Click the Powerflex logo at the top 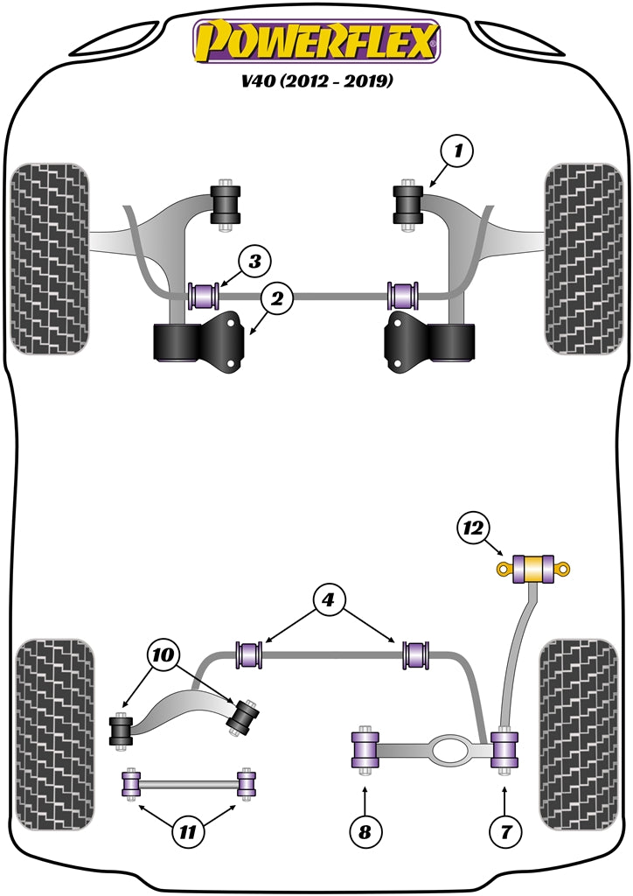coord(316,42)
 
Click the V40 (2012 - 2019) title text coord(316,82)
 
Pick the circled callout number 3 coord(254,260)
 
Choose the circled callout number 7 coord(504,830)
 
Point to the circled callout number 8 coord(365,830)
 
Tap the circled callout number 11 coord(185,831)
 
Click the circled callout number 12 coord(473,527)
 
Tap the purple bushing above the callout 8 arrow coord(364,750)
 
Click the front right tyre coord(581,258)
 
